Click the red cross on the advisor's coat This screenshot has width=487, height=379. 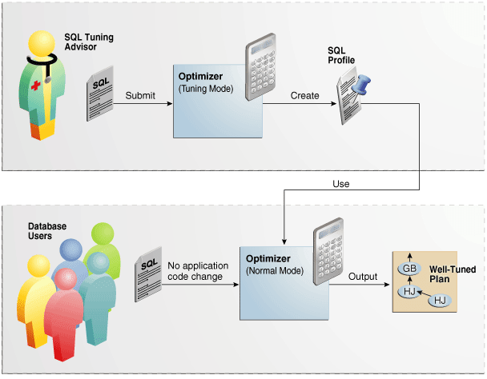tap(36, 86)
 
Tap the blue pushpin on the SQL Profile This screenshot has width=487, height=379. tap(361, 85)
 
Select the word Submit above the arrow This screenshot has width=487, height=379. tap(140, 95)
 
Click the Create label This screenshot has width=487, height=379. tap(304, 95)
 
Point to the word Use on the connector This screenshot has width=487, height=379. tap(341, 184)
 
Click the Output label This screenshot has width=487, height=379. tap(363, 277)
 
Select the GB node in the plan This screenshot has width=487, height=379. tap(409, 269)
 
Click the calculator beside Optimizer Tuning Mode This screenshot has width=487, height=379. tap(261, 66)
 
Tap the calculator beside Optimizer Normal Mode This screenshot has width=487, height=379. tap(328, 251)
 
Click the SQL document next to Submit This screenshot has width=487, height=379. tap(100, 93)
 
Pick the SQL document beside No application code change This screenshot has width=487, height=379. tap(148, 274)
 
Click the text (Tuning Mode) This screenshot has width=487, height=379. tap(206, 89)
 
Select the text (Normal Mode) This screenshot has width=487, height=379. tap(275, 271)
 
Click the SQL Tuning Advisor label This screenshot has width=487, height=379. tap(89, 42)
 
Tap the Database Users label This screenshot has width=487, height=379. tap(47, 231)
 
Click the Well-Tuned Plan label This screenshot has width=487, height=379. tap(453, 274)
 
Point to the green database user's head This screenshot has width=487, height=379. tap(103, 234)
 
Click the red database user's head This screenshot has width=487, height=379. tap(66, 279)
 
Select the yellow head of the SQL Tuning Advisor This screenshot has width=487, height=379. tap(42, 44)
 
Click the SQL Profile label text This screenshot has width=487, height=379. tap(341, 55)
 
